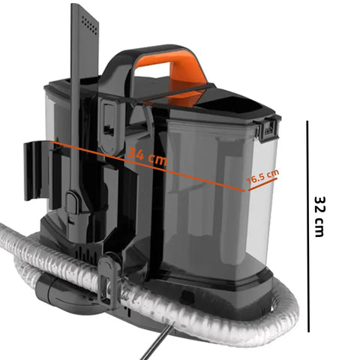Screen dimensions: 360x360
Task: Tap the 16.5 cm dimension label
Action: pos(263,178)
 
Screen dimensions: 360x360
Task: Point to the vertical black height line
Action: pos(307,225)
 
